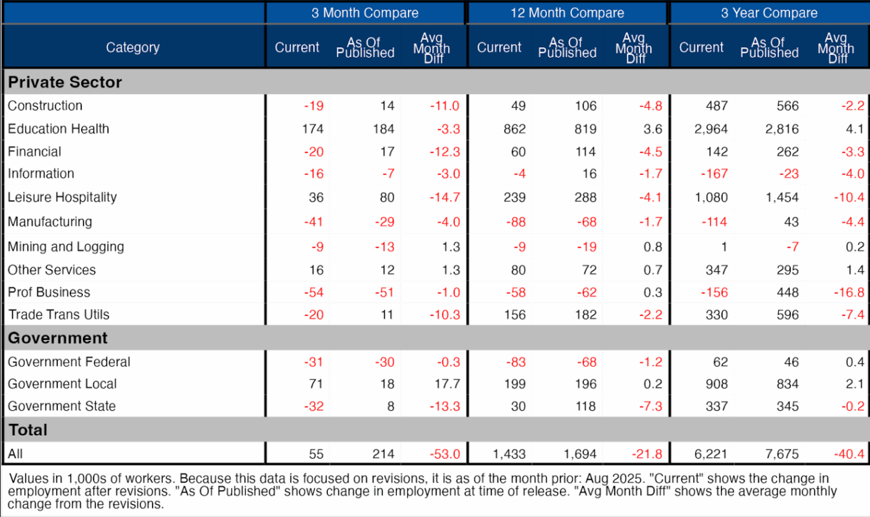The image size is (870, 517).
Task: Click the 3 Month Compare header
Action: [x=364, y=13]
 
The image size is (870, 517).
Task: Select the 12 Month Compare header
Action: [x=566, y=13]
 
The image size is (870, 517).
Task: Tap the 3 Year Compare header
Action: [x=769, y=13]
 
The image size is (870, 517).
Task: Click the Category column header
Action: [x=132, y=48]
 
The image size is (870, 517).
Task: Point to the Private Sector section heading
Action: [x=65, y=82]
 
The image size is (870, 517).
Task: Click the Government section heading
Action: [x=58, y=338]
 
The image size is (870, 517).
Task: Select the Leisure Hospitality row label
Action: [x=62, y=197]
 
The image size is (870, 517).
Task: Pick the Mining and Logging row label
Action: [x=66, y=247]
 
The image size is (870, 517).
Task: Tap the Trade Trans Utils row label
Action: [x=58, y=315]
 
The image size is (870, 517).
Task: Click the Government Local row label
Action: [x=62, y=384]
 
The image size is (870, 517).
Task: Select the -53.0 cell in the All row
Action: [x=445, y=454]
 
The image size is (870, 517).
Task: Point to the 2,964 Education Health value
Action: [x=711, y=129]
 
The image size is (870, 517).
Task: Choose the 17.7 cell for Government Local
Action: [x=447, y=384]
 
